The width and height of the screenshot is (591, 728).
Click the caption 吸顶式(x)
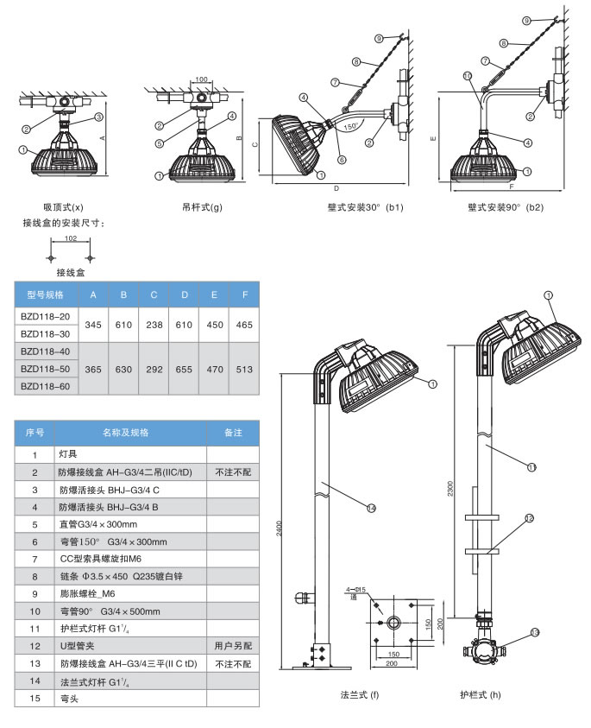pos(64,207)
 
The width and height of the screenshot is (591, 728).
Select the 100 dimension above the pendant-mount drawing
pos(201,79)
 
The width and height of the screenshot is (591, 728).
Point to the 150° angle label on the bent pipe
pos(350,126)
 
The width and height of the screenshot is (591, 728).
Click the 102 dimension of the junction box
pos(72,239)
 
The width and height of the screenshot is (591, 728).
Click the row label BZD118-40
pos(44,352)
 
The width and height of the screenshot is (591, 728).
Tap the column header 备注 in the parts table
pos(232,433)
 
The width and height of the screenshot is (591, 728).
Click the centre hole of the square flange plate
pos(394,622)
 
